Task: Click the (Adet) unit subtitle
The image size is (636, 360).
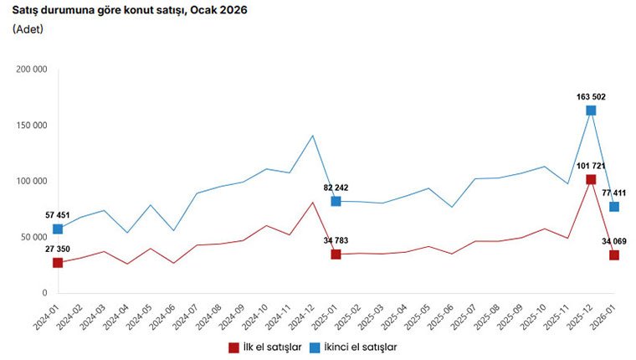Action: click(x=28, y=29)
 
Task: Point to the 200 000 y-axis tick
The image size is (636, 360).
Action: click(x=32, y=69)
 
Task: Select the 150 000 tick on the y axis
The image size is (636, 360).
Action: click(x=32, y=125)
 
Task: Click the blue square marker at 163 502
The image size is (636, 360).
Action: click(x=591, y=111)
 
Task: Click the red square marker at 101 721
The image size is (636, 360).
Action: click(x=591, y=179)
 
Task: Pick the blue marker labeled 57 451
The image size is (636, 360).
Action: click(x=58, y=229)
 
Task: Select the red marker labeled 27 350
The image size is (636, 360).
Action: click(x=58, y=263)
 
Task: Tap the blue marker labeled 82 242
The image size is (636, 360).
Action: click(x=336, y=201)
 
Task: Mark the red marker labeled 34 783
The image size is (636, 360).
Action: click(x=336, y=255)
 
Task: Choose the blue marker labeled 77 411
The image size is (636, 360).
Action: click(x=614, y=207)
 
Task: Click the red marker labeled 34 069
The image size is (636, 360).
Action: click(x=614, y=255)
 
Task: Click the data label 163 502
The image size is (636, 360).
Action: click(x=589, y=96)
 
